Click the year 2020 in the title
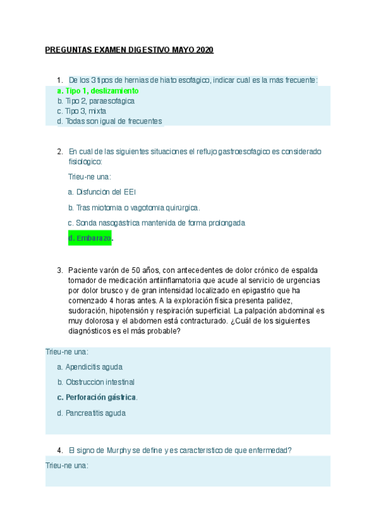pyautogui.click(x=205, y=50)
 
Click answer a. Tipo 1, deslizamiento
pyautogui.click(x=97, y=90)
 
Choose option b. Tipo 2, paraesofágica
pyautogui.click(x=95, y=100)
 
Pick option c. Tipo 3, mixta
pyautogui.click(x=82, y=111)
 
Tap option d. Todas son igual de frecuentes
pyautogui.click(x=109, y=121)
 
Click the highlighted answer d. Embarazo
pyautogui.click(x=90, y=238)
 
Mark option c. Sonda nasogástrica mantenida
pyautogui.click(x=156, y=223)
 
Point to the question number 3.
pyautogui.click(x=59, y=270)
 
